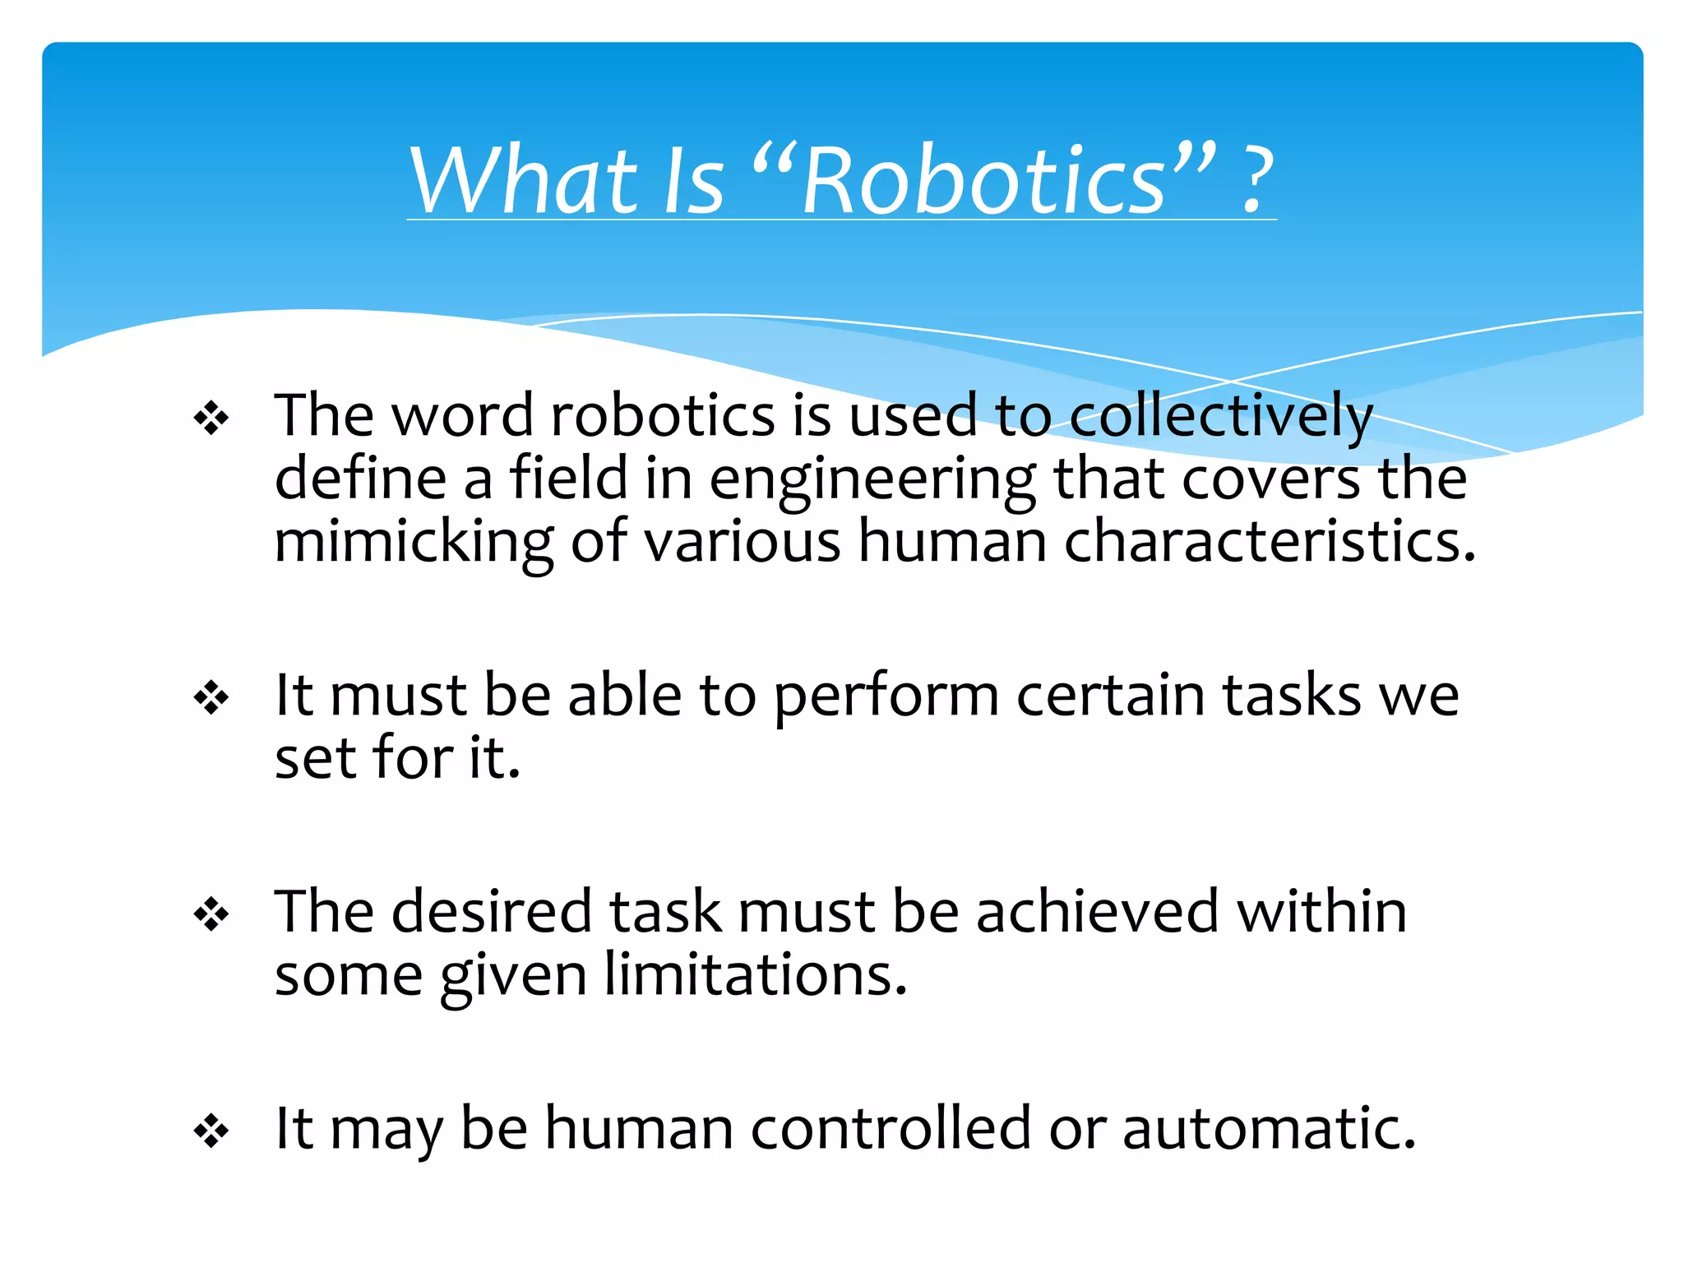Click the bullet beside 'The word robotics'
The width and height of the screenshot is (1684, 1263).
[x=211, y=419]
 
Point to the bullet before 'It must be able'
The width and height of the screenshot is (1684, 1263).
[x=211, y=698]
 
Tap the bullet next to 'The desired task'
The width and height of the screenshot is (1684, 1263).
[x=211, y=914]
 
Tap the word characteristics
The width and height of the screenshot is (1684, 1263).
[x=1270, y=542]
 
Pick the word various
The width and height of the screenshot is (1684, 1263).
[x=742, y=542]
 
